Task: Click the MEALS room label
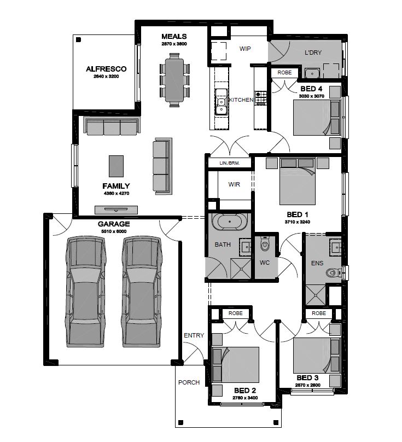coord(174,37)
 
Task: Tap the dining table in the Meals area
coord(174,80)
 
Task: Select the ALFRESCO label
coord(106,69)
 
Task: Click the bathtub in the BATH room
coord(230,222)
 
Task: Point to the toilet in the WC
coord(265,244)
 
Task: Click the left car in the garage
coord(86,292)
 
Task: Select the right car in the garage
coord(142,292)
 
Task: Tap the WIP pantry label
coord(245,49)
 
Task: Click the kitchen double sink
coord(221,102)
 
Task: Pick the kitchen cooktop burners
coord(261,98)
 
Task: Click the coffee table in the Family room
coord(116,166)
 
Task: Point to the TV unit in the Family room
coord(116,210)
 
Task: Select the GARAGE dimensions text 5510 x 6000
coord(114,231)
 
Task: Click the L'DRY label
coord(313,53)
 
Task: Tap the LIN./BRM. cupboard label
coord(230,163)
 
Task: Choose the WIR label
coord(234,184)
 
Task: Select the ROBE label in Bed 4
coord(284,73)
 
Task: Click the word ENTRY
coord(194,335)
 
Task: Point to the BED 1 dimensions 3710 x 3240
coord(297,222)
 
